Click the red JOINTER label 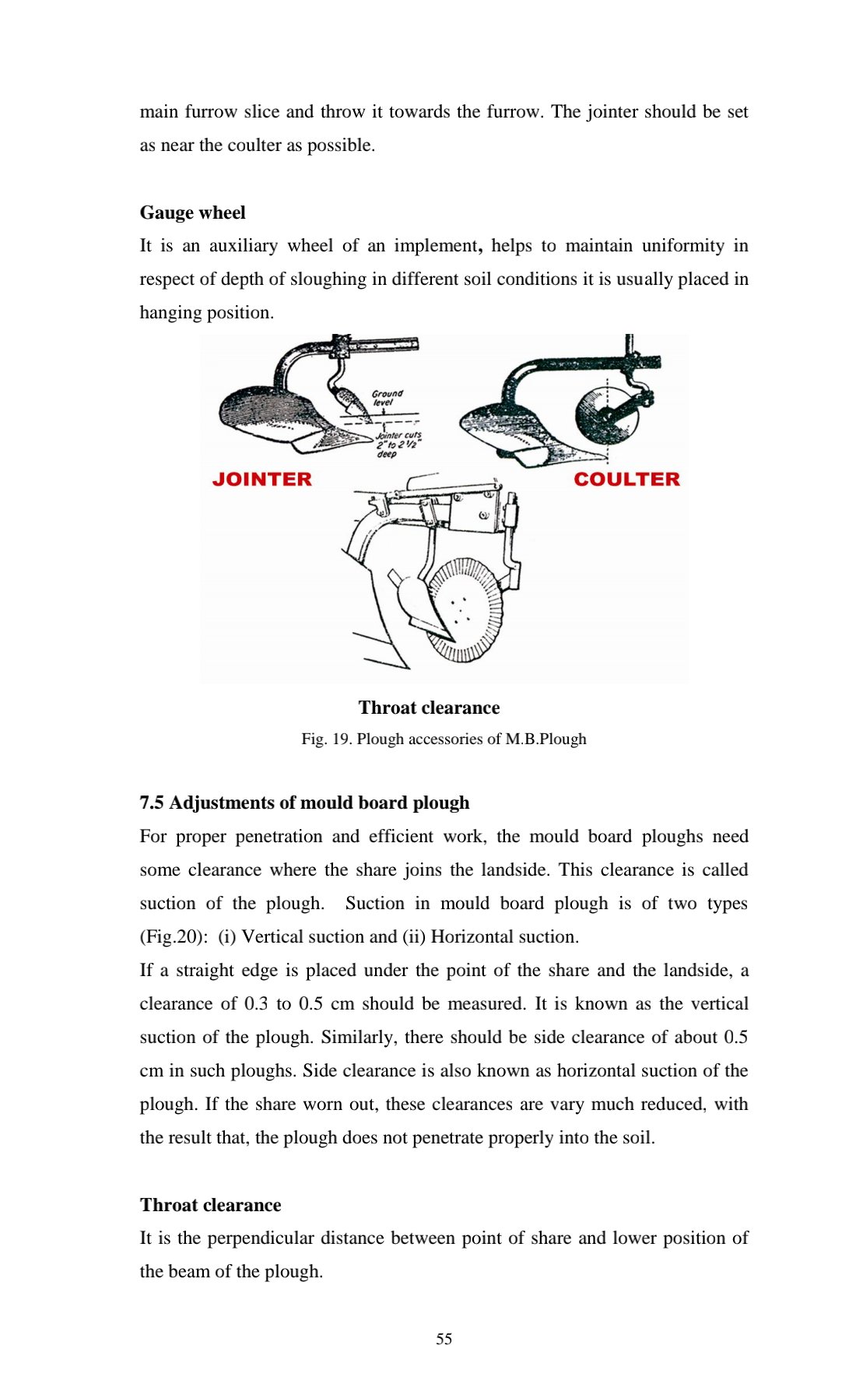click(x=261, y=479)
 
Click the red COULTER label click(x=626, y=479)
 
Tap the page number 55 click(x=444, y=1339)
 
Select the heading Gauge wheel click(x=192, y=213)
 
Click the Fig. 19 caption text click(x=444, y=739)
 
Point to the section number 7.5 click(x=152, y=803)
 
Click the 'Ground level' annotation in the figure click(x=387, y=398)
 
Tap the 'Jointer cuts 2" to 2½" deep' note click(x=398, y=444)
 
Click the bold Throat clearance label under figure click(x=429, y=708)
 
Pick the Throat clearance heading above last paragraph click(x=210, y=1205)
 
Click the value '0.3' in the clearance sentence click(x=256, y=1003)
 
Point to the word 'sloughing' click(x=328, y=279)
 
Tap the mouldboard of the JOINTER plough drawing click(x=257, y=409)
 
